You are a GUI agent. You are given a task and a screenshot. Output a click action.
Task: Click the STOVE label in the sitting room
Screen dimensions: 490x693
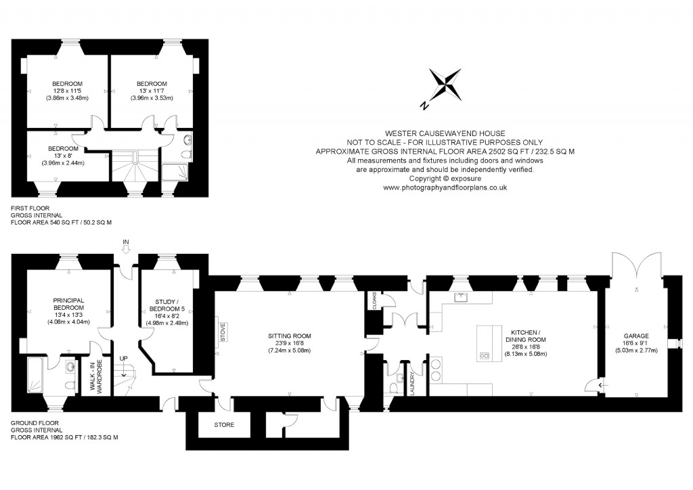coord(222,334)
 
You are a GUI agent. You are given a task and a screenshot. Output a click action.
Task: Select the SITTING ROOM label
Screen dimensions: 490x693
coord(290,336)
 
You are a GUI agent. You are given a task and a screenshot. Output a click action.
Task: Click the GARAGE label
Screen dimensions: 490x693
coord(636,336)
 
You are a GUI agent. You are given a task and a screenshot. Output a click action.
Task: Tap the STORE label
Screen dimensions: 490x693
coord(223,426)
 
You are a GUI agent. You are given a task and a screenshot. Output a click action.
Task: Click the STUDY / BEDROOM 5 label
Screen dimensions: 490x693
coord(166,307)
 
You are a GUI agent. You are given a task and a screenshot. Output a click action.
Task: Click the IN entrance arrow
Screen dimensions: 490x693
coord(125,246)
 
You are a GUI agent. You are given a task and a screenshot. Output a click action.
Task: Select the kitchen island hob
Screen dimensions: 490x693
coord(485,355)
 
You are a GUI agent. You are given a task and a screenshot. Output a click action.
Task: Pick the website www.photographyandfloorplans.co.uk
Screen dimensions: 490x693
coord(445,188)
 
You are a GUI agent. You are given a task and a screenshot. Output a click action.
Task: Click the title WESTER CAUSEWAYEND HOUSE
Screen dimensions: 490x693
coord(445,133)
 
